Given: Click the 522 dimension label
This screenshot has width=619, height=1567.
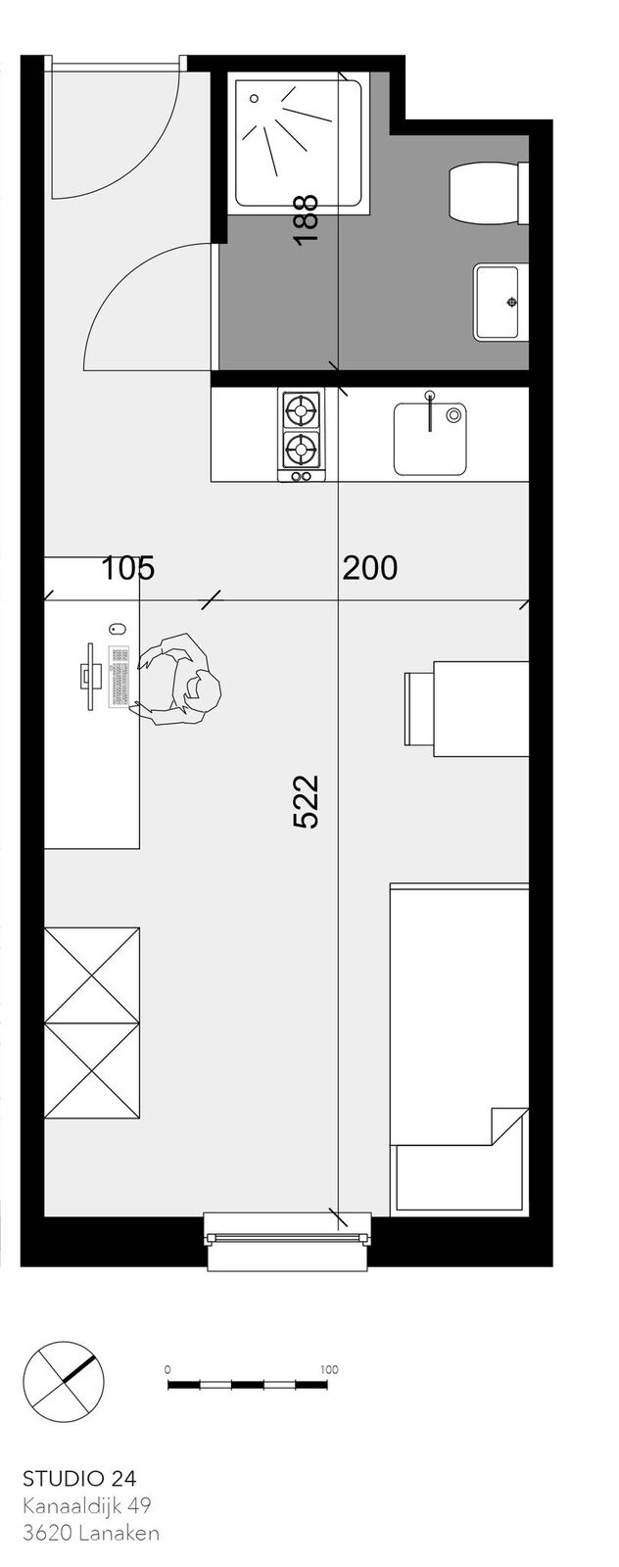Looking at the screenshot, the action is point(306,801).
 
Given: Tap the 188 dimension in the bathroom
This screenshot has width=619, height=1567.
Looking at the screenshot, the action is point(307,220).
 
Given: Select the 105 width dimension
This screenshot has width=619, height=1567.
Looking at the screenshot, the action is point(128,568).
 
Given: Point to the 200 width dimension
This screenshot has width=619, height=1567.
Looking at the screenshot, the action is point(369,568).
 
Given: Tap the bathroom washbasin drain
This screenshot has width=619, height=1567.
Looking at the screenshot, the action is point(512,302).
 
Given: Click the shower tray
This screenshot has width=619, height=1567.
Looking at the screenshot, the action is point(298,142).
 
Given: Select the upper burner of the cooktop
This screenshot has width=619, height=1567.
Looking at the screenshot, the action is point(302,408).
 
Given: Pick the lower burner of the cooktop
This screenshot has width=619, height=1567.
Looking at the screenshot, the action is point(302,448).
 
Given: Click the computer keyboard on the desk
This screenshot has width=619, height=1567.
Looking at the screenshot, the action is point(119,676).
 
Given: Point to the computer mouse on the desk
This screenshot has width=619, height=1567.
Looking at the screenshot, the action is point(118,630).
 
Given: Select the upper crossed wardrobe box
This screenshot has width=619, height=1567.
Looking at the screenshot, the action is point(92,975).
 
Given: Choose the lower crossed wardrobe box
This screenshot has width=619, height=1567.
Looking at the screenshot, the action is point(92,1071).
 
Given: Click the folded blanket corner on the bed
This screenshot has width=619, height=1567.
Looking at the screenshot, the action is point(508,1125).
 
